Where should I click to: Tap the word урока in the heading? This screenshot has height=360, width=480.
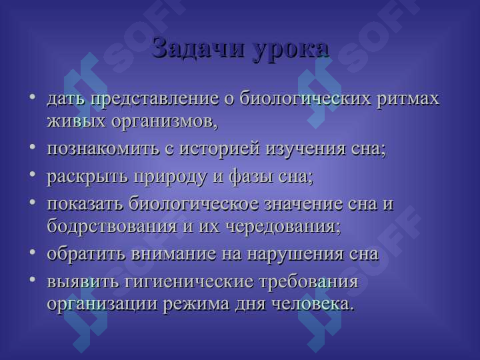click(291, 49)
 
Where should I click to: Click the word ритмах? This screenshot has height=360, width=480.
click(408, 99)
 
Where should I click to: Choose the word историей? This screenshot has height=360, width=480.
click(219, 149)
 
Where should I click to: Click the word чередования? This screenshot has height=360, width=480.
click(283, 226)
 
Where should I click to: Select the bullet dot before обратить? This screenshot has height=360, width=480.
click(33, 253)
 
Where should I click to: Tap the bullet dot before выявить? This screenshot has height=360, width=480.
click(33, 281)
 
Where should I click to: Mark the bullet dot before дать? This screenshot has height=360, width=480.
click(33, 98)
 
